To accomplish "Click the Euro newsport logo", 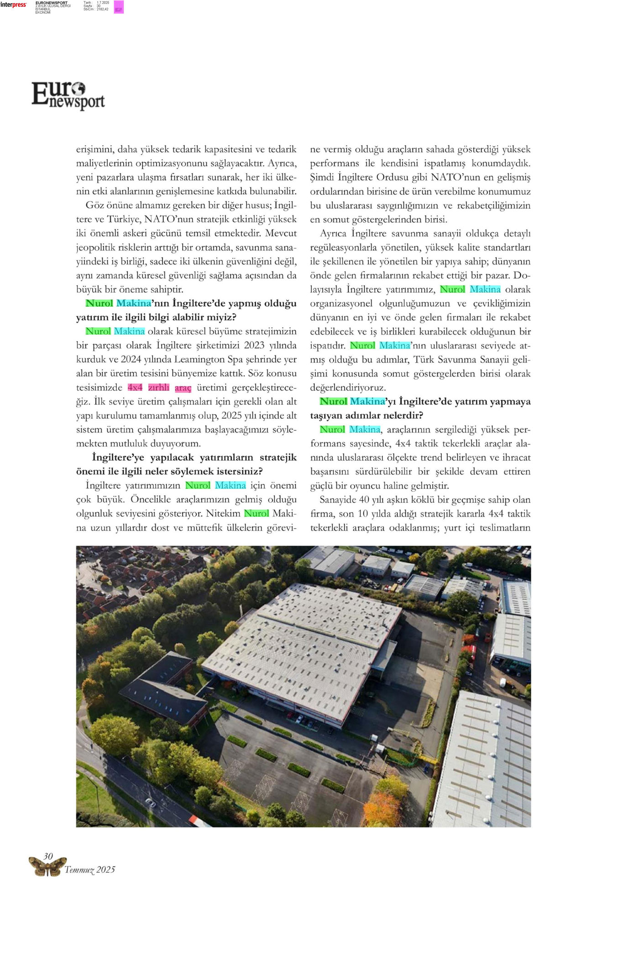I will click(68, 95).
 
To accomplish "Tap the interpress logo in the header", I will click(13, 5).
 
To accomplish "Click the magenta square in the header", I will click(119, 7).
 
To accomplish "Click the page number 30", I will click(48, 856).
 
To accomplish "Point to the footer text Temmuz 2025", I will click(89, 870).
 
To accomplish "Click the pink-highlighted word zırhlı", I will click(159, 387).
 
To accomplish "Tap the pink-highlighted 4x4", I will click(135, 387).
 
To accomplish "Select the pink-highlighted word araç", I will click(183, 388).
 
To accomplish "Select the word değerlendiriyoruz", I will click(348, 388).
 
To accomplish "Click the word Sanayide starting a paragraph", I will click(338, 500).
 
